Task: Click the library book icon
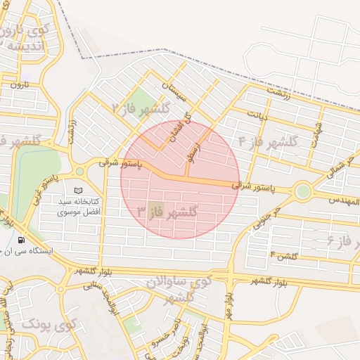(78, 191)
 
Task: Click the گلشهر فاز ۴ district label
(268, 141)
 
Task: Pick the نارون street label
(15, 84)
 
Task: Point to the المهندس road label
(342, 201)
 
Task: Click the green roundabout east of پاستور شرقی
(302, 191)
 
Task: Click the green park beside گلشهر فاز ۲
(143, 101)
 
